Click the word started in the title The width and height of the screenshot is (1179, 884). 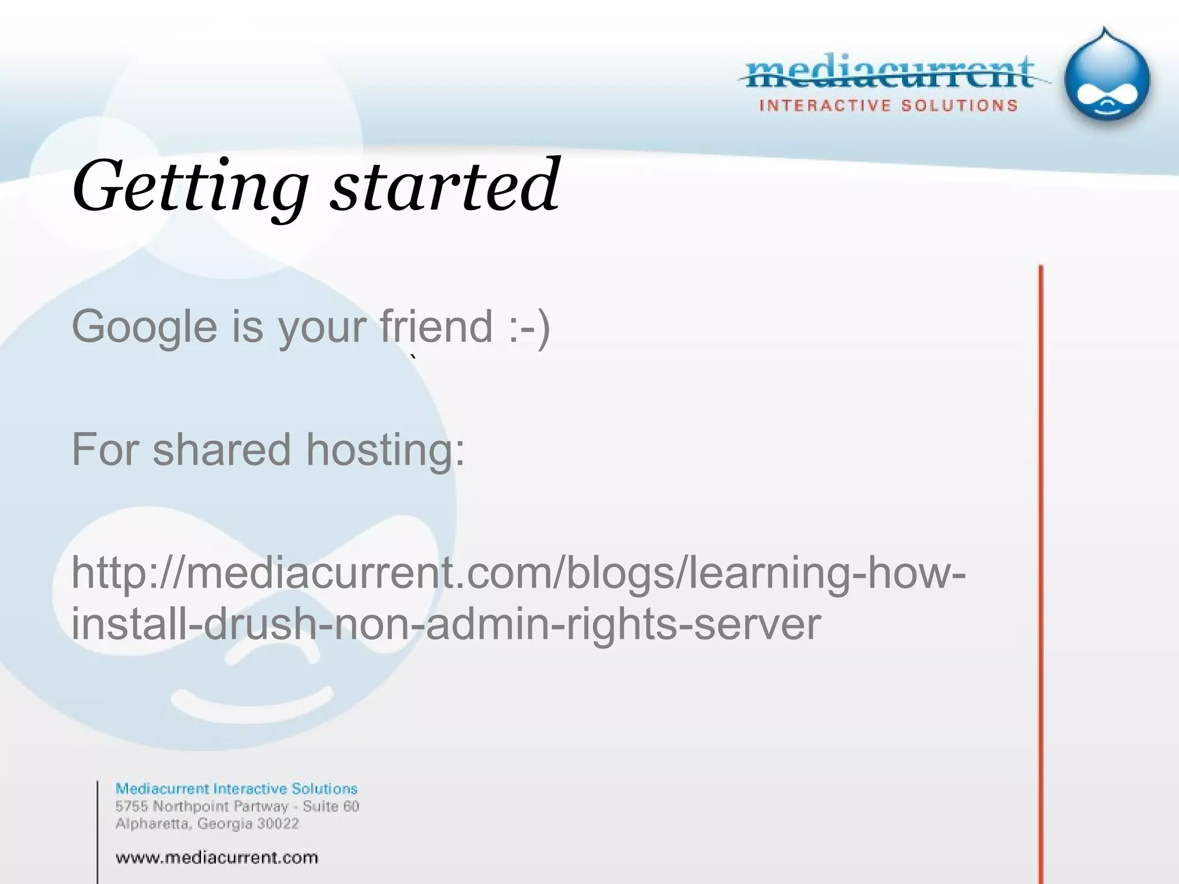(x=444, y=185)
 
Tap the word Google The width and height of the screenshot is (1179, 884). (x=144, y=327)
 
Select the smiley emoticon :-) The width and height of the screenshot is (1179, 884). (x=529, y=327)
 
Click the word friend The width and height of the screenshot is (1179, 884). (x=436, y=326)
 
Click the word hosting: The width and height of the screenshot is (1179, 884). (x=385, y=449)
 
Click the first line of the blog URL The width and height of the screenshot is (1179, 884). (x=518, y=573)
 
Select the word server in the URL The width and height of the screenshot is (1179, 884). (x=757, y=624)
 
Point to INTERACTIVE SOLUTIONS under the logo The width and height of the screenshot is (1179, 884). (x=888, y=106)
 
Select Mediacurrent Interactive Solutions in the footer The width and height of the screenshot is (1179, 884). (x=236, y=788)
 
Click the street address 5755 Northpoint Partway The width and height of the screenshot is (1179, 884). (x=201, y=806)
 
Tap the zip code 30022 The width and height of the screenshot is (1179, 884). (x=278, y=824)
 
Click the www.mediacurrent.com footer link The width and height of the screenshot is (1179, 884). (x=216, y=858)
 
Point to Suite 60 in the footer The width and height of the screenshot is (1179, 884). (x=331, y=806)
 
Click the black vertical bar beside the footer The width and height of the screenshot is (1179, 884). (x=97, y=832)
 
